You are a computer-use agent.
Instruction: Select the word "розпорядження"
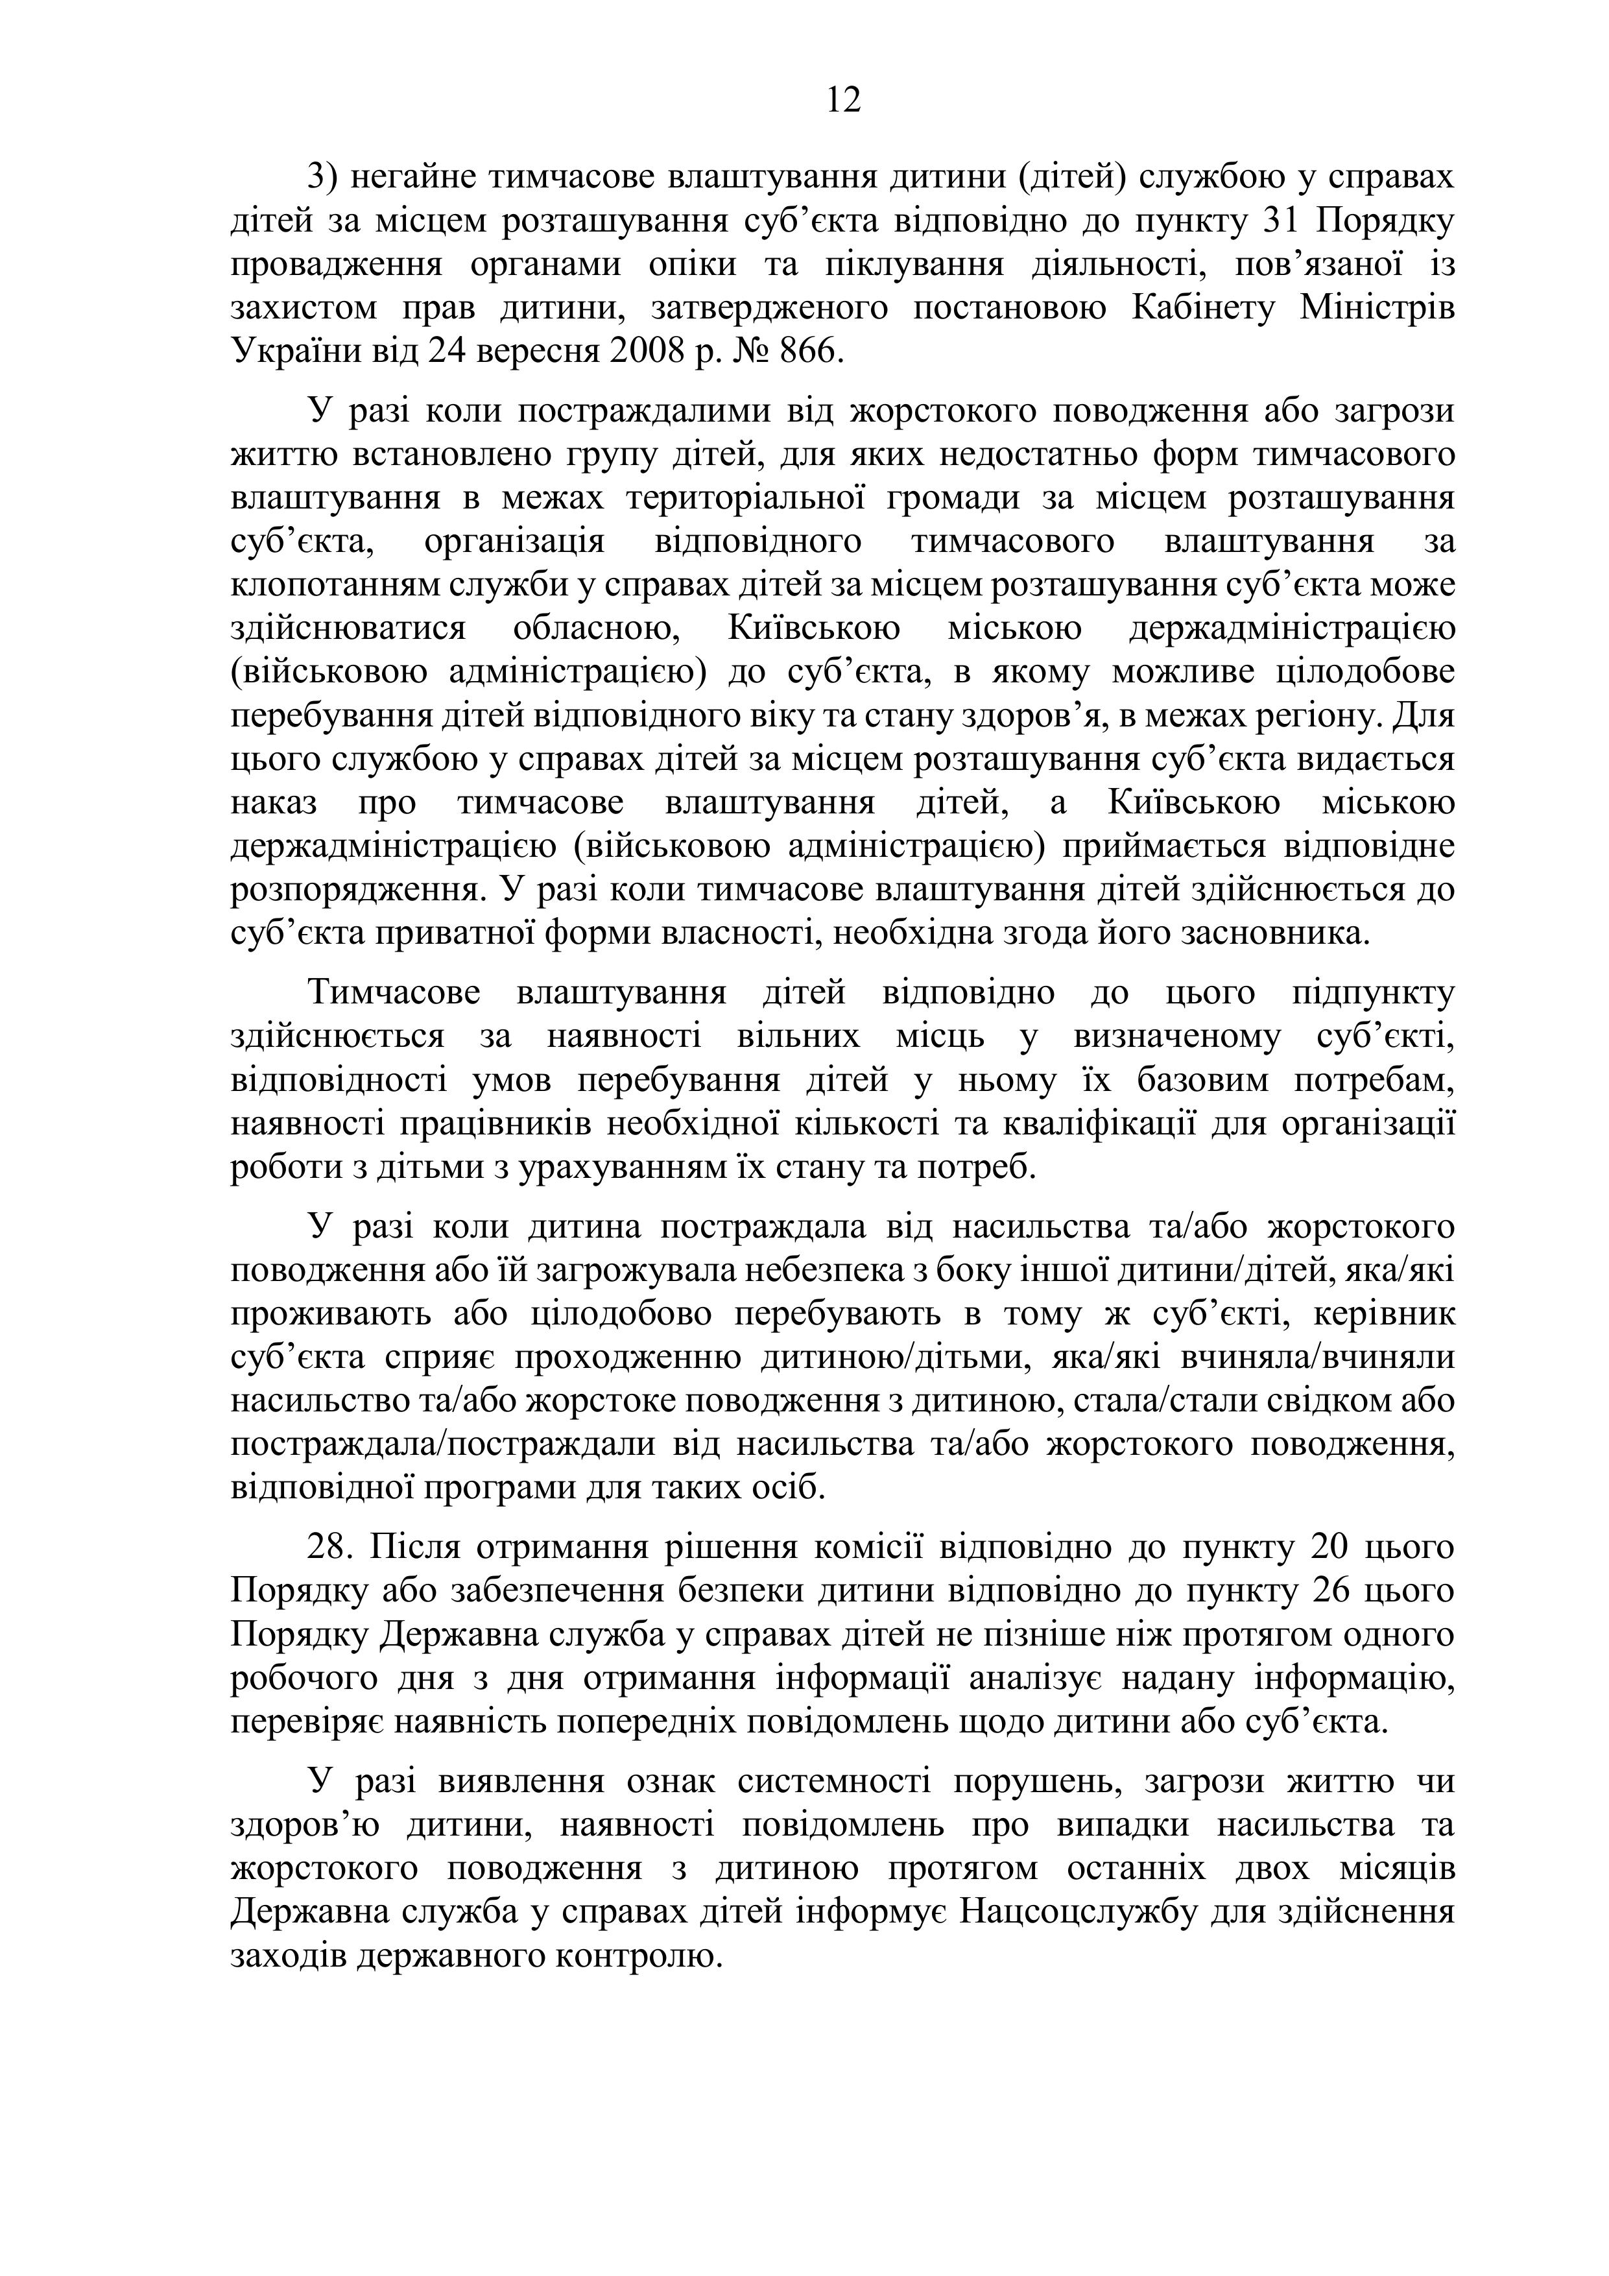pyautogui.click(x=358, y=890)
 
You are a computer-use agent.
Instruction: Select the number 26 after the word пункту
pyautogui.click(x=1333, y=1592)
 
